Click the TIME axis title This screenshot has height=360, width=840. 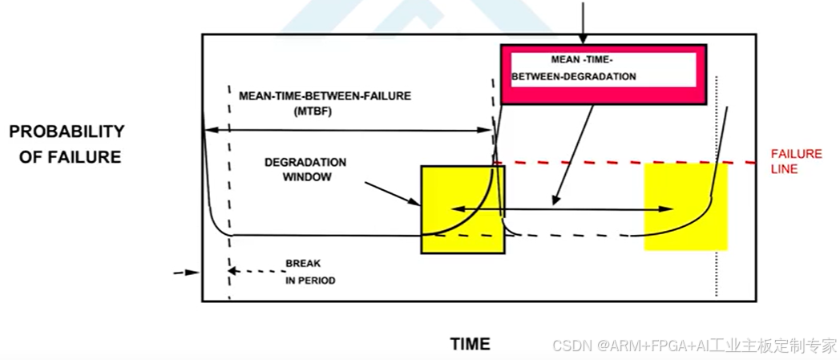click(x=470, y=344)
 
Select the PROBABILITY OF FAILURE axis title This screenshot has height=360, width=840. click(x=67, y=144)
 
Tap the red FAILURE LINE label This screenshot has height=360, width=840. click(x=796, y=161)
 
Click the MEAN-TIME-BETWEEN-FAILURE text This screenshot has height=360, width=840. click(x=325, y=95)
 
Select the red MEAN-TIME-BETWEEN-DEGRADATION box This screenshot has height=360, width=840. click(x=604, y=75)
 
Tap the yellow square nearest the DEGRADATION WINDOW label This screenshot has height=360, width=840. click(x=462, y=209)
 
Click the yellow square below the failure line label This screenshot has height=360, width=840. click(x=686, y=206)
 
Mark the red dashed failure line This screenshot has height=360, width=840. click(x=625, y=164)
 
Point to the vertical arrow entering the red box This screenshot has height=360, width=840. click(x=583, y=21)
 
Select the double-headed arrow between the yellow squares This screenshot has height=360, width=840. click(x=561, y=208)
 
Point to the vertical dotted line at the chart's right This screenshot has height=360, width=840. click(x=717, y=184)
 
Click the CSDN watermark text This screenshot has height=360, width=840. click(x=694, y=346)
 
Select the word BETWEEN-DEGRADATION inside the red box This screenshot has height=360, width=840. click(x=575, y=77)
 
